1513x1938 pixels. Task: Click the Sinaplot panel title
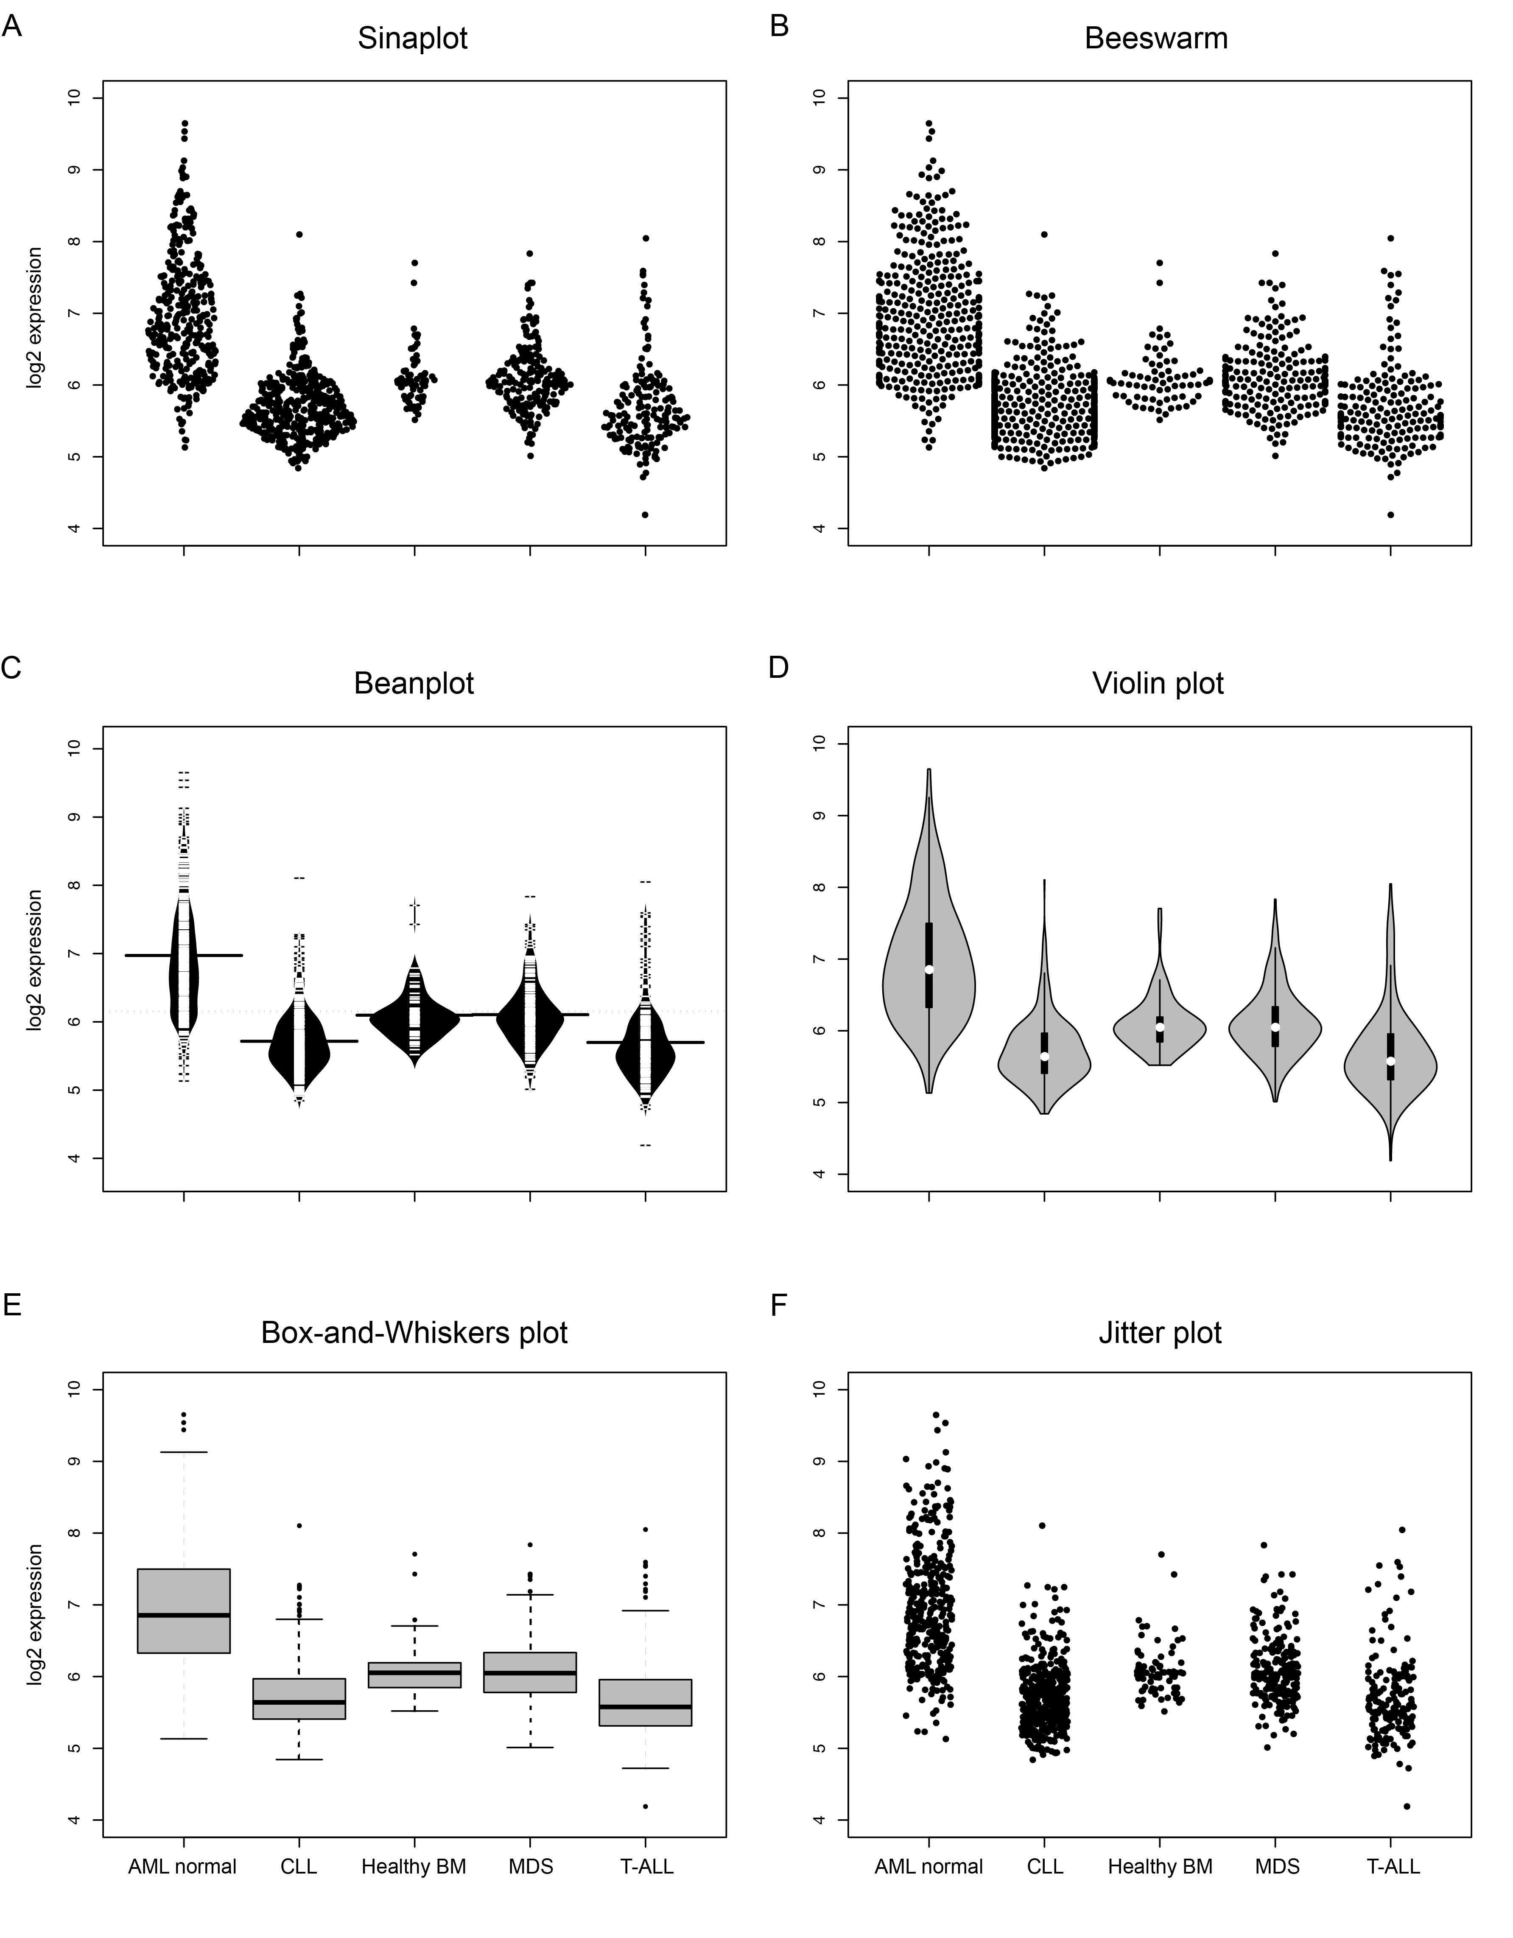413,39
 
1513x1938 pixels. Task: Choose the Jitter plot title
1160,1333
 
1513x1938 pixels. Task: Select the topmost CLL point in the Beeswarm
1044,234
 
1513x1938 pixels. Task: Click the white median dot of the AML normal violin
929,969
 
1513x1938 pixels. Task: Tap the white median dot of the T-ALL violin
1390,1061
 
